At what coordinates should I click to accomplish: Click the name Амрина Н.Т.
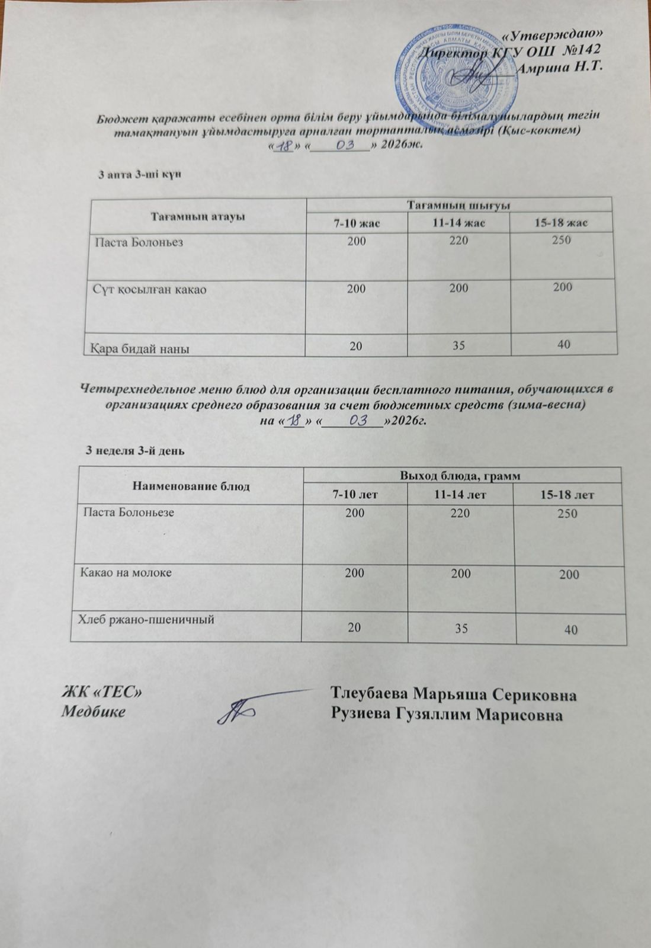tap(560, 66)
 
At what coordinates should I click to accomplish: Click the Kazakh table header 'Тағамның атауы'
tap(198, 216)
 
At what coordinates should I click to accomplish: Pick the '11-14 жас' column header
tap(458, 223)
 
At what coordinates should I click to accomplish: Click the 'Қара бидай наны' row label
tap(140, 348)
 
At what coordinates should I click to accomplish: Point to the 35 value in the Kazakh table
tap(458, 344)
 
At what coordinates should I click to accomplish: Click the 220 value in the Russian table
tap(460, 514)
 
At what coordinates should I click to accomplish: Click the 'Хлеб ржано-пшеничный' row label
tap(146, 619)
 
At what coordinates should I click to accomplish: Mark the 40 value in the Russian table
tap(571, 630)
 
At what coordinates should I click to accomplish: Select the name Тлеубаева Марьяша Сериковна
tap(454, 694)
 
